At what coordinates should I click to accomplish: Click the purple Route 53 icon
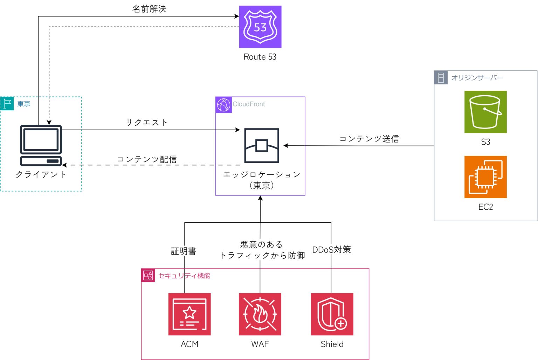(260, 27)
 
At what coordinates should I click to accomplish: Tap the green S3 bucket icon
(485, 112)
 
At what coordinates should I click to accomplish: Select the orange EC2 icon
(485, 177)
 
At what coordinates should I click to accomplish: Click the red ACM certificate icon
(189, 314)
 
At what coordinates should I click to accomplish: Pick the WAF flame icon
(260, 314)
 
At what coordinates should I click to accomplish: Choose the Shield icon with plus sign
(332, 314)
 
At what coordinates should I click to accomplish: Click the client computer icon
(41, 145)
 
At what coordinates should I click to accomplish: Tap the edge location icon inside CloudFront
(261, 145)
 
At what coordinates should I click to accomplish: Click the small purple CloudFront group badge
(223, 105)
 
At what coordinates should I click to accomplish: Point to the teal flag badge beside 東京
(7, 104)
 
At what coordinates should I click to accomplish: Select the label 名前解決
(149, 9)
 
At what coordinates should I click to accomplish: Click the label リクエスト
(147, 122)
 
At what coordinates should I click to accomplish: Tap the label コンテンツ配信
(147, 159)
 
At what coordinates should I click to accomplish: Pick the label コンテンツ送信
(369, 139)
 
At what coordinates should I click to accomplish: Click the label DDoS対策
(331, 249)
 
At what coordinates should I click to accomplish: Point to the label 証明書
(183, 251)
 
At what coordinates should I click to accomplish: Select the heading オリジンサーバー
(477, 77)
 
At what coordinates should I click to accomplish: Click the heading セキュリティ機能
(184, 276)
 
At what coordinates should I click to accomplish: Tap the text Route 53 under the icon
(260, 57)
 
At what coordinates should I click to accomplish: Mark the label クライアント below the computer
(41, 174)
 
